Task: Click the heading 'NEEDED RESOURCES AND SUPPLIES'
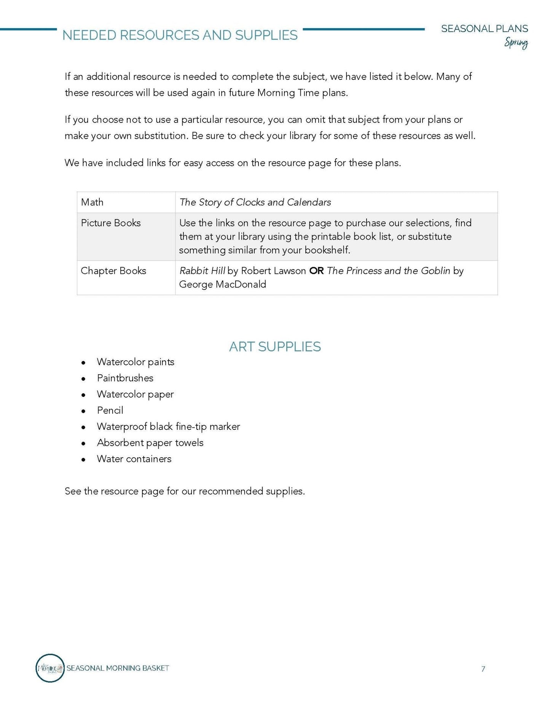[x=180, y=35]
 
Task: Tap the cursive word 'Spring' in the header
[x=516, y=43]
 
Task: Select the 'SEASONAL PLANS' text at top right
[x=484, y=29]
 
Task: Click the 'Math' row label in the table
[x=92, y=202]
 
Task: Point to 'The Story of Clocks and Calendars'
[x=255, y=202]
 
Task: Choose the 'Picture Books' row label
[x=111, y=223]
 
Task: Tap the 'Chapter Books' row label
[x=113, y=271]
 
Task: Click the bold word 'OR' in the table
[x=316, y=271]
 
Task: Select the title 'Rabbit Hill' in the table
[x=202, y=271]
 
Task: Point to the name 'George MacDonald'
[x=222, y=285]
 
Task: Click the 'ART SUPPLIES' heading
[x=275, y=347]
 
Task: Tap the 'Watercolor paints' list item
[x=136, y=362]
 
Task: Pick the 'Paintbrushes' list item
[x=125, y=378]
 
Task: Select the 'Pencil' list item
[x=110, y=410]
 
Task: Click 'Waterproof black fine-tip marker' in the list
[x=168, y=426]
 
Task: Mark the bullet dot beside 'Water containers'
[x=83, y=460]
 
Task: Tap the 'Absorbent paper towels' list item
[x=150, y=443]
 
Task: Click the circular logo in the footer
[x=50, y=668]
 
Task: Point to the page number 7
[x=483, y=669]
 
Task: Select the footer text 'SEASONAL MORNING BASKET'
[x=118, y=668]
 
